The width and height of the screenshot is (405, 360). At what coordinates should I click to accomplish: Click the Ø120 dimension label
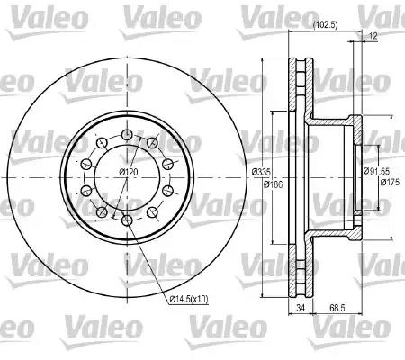[x=128, y=172]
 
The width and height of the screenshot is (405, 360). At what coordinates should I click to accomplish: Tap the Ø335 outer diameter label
[x=261, y=172]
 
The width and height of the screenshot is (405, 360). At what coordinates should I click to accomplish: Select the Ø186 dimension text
[x=273, y=184]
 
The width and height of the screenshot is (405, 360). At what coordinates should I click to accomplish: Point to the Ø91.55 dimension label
[x=376, y=171]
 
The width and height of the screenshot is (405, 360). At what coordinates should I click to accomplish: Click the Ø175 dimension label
[x=390, y=182]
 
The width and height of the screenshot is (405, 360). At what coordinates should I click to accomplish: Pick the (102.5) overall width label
[x=325, y=25]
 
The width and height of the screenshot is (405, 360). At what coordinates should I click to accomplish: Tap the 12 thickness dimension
[x=373, y=36]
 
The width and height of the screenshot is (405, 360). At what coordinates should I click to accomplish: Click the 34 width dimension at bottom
[x=301, y=308]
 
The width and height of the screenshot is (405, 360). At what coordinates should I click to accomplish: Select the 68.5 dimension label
[x=337, y=308]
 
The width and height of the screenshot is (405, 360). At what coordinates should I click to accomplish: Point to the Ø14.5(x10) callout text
[x=189, y=299]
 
